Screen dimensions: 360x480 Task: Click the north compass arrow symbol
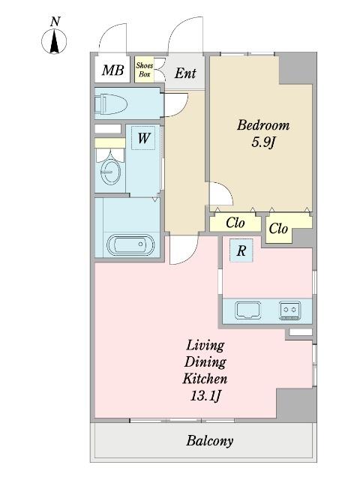54,41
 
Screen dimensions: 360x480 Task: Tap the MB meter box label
112,70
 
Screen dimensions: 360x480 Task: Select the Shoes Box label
145,70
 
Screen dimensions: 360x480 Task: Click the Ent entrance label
185,73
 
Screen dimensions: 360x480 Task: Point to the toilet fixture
111,104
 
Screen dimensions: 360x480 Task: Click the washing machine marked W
143,138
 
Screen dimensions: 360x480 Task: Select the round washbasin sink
110,172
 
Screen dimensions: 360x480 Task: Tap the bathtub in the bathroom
130,245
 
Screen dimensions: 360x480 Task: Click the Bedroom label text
263,125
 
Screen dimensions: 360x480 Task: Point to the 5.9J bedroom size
263,142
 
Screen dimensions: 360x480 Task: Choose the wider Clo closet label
235,223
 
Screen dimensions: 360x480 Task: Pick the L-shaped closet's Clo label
278,228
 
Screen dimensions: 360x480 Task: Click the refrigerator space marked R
241,250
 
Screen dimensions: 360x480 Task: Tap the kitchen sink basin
248,310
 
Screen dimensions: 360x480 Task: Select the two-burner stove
290,310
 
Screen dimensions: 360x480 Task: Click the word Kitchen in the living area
205,379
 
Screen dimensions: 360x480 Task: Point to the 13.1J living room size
205,396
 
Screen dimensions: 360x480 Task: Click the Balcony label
210,441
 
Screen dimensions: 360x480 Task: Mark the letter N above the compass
55,22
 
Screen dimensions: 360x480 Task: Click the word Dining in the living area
205,362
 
